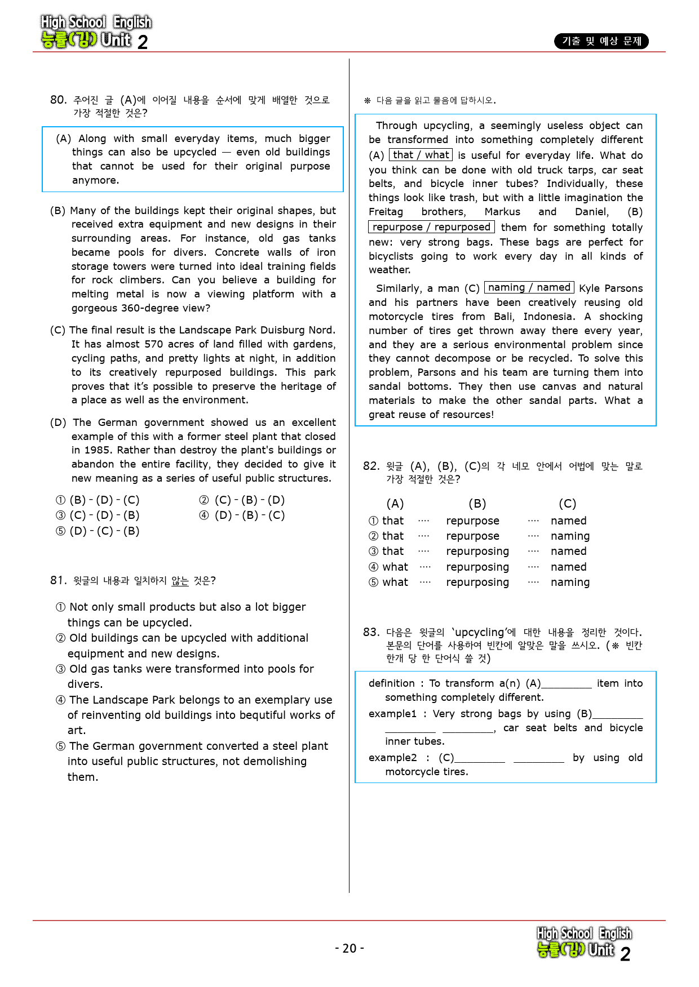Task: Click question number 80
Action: tap(58, 100)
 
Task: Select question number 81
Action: tap(58, 581)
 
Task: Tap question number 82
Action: tap(371, 466)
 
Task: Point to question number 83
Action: tap(371, 633)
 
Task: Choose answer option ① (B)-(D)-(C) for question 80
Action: tap(98, 500)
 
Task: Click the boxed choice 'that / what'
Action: tap(421, 155)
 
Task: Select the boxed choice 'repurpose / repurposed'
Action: tap(431, 227)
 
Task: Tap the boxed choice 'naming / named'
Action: tap(529, 288)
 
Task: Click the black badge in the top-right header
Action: tap(601, 41)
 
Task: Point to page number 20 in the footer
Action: tap(349, 949)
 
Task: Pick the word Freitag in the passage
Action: tap(386, 212)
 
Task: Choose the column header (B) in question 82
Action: tap(477, 504)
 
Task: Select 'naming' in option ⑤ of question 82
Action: tap(570, 583)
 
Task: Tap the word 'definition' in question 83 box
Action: tap(392, 683)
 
